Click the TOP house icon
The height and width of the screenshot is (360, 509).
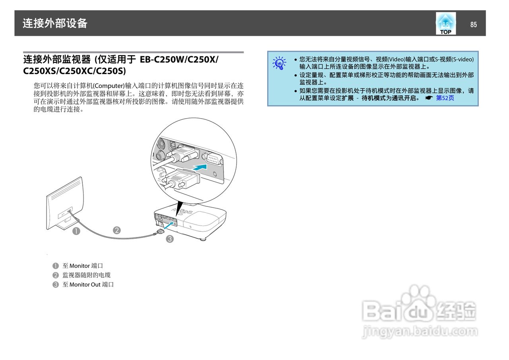click(445, 23)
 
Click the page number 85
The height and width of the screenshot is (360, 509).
click(473, 25)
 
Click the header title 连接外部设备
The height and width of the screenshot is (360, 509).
click(55, 23)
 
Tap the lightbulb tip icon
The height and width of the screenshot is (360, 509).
click(280, 63)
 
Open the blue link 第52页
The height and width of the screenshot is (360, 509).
click(445, 98)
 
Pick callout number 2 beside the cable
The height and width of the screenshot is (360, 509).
click(117, 230)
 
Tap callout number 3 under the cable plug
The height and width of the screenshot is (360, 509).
click(170, 239)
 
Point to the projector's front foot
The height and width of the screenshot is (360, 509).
click(203, 239)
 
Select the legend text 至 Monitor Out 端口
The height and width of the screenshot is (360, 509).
click(88, 284)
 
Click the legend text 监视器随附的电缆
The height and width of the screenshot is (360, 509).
click(86, 275)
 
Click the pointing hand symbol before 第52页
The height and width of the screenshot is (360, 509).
click(428, 98)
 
